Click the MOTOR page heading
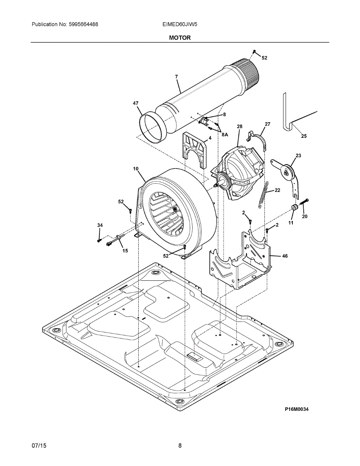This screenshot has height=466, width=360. pyautogui.click(x=180, y=38)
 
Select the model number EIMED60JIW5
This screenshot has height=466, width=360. pyautogui.click(x=180, y=24)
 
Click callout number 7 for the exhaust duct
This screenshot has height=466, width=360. pyautogui.click(x=176, y=77)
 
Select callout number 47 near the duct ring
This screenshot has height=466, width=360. pyautogui.click(x=135, y=103)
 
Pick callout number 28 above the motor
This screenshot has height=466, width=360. pyautogui.click(x=240, y=127)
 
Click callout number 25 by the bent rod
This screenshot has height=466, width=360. pyautogui.click(x=304, y=136)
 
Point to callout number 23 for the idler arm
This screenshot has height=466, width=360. pyautogui.click(x=298, y=155)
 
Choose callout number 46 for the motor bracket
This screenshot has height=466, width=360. pyautogui.click(x=285, y=256)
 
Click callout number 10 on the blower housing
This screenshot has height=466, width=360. pyautogui.click(x=136, y=169)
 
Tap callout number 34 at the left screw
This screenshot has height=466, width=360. pyautogui.click(x=100, y=225)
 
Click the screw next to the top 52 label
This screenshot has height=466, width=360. pyautogui.click(x=254, y=52)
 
